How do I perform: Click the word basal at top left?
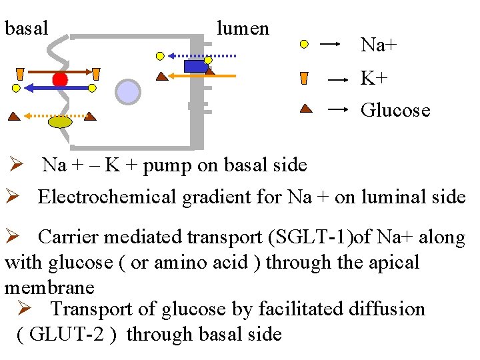[x=27, y=29]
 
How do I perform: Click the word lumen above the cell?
[x=243, y=29]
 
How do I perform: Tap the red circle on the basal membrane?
[x=60, y=80]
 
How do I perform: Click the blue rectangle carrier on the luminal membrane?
[x=195, y=66]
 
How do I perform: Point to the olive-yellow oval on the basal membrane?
[x=60, y=121]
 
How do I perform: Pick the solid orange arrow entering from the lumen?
[x=200, y=77]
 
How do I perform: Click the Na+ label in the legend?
[x=379, y=45]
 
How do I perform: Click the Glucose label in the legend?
[x=395, y=110]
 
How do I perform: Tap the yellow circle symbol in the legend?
[x=304, y=45]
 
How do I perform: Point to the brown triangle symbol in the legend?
[x=305, y=108]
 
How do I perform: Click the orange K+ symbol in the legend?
[x=304, y=78]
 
